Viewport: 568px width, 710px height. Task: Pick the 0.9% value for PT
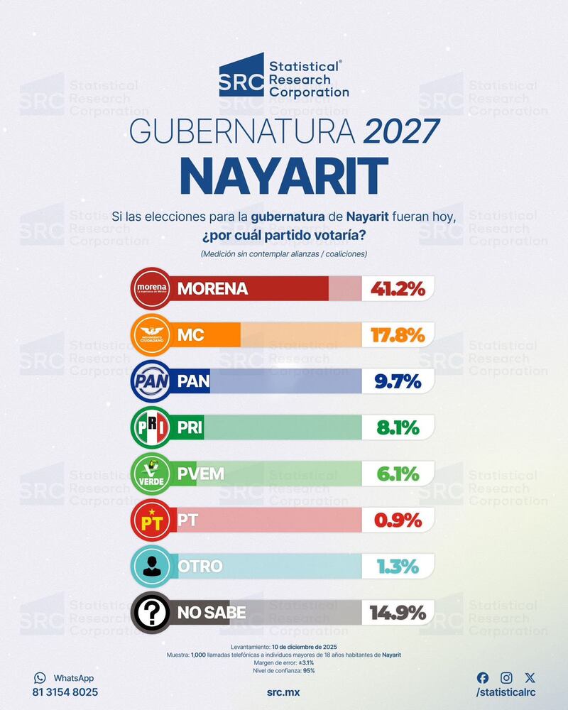pos(398,520)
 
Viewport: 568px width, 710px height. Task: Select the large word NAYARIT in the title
pos(284,176)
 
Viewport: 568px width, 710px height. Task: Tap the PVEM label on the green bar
pos(201,474)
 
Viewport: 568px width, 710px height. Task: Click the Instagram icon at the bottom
pos(506,678)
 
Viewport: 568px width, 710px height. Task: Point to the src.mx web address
pos(284,692)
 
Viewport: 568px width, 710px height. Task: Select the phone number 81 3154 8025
pos(65,692)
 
